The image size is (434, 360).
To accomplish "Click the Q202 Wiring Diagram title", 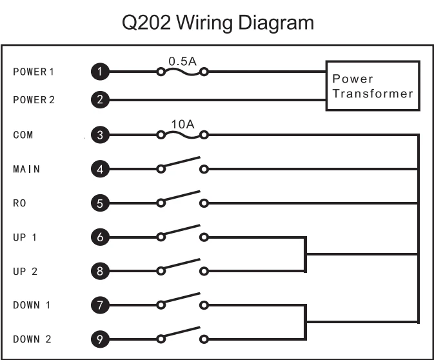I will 217,23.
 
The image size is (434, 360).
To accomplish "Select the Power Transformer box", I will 372,86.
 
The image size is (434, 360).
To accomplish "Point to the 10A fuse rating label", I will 182,123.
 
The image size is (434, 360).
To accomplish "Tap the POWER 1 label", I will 34,72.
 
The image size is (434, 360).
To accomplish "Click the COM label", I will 23,135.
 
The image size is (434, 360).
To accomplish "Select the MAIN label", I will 26,170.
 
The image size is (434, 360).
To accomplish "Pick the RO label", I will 19,203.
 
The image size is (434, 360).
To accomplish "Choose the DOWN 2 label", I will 32,339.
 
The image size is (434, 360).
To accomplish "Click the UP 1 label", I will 25,237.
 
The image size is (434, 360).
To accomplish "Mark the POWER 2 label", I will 34,100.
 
